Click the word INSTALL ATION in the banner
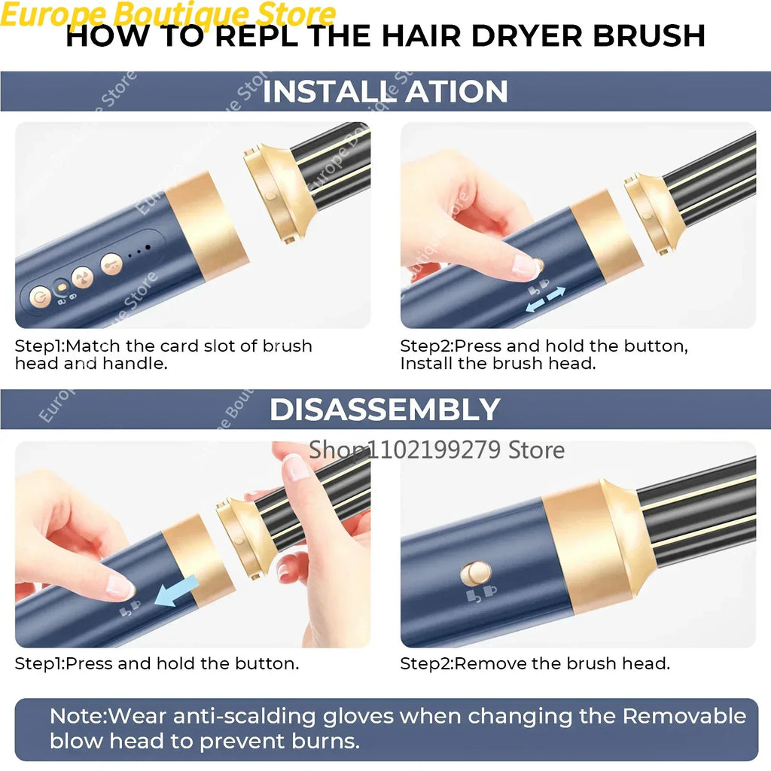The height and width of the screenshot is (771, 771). coord(385,92)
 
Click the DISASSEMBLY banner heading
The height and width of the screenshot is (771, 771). coord(385,410)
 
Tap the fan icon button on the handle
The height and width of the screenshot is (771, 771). coord(82,278)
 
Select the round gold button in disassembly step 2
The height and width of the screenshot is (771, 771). coord(475,574)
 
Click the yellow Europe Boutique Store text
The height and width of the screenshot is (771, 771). coord(168,14)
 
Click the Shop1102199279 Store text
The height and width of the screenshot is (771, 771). coord(437,450)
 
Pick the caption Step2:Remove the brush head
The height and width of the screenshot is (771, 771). coord(535,663)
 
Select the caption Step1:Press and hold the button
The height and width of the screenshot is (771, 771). coord(157,663)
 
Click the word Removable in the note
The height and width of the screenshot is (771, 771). coord(684,715)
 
